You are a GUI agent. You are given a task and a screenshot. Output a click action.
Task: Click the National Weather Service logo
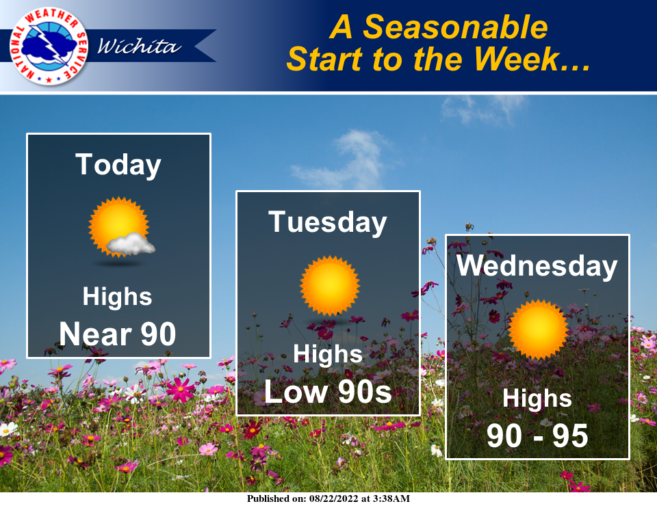(49, 46)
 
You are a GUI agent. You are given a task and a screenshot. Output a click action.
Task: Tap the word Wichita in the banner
(140, 46)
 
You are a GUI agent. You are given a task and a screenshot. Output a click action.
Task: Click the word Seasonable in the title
(455, 27)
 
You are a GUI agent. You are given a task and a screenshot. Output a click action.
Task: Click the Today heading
(118, 165)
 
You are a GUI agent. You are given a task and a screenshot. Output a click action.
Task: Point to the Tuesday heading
(328, 222)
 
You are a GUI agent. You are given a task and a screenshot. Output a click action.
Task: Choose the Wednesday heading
(537, 265)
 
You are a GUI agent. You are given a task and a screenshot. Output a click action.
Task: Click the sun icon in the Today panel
(116, 226)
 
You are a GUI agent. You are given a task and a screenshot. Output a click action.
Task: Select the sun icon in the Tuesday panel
(329, 285)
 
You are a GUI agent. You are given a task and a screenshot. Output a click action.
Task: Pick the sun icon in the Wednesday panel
(538, 329)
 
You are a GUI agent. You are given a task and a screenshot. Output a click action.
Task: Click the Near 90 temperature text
(118, 334)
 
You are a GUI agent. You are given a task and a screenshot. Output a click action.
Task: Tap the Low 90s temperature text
(328, 392)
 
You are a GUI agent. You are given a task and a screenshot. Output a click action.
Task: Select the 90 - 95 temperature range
(537, 436)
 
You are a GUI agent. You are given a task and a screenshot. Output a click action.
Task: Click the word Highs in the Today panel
(117, 297)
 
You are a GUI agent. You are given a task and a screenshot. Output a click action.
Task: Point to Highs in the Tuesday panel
(328, 354)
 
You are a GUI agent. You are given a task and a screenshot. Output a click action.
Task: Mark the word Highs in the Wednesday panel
(537, 398)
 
